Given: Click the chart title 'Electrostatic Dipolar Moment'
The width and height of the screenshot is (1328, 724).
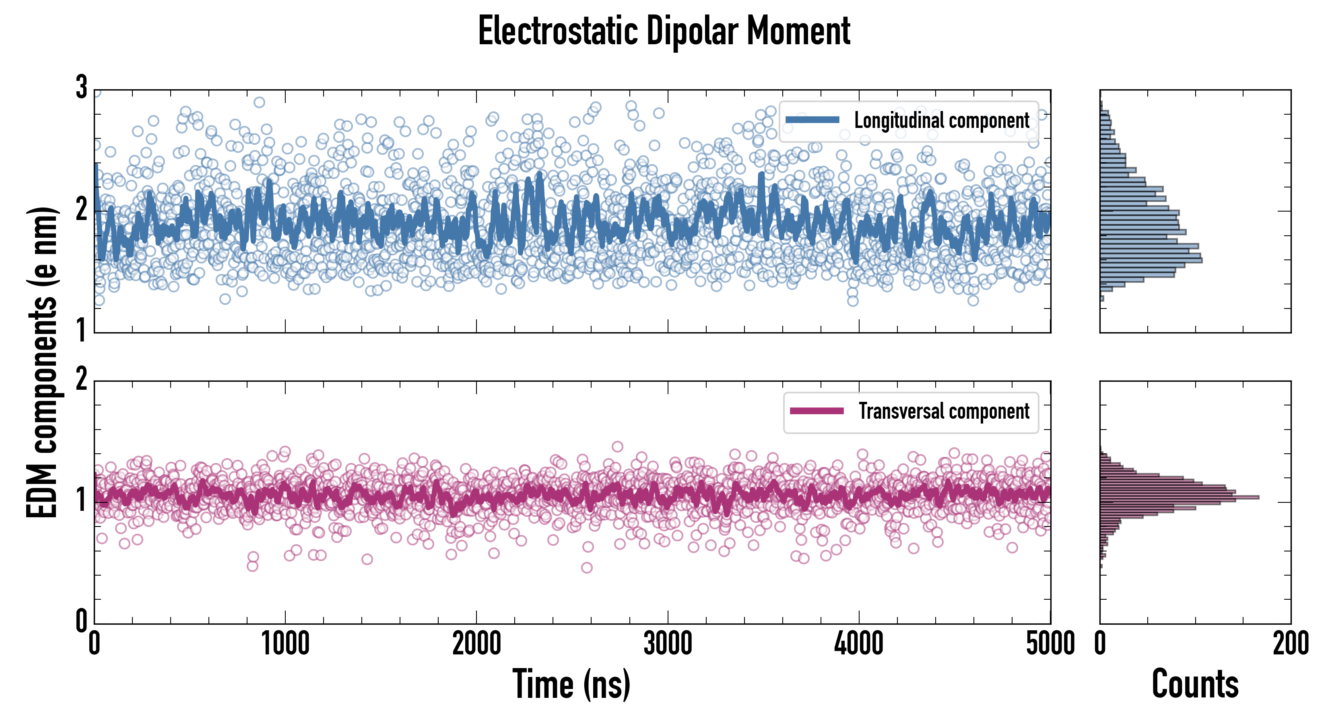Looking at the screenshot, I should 664,31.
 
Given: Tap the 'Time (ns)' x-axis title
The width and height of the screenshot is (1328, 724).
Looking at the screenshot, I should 571,684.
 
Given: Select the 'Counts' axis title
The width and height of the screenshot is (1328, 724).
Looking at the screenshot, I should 1195,684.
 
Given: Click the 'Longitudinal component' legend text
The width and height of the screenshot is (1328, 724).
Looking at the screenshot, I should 941,121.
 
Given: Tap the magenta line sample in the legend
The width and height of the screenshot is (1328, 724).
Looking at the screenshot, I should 817,411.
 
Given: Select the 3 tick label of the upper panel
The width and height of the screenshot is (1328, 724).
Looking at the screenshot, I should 81,88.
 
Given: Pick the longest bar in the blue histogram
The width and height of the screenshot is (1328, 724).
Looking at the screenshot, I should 1151,261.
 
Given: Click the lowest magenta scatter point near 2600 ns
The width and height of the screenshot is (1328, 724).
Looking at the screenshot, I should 587,568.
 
